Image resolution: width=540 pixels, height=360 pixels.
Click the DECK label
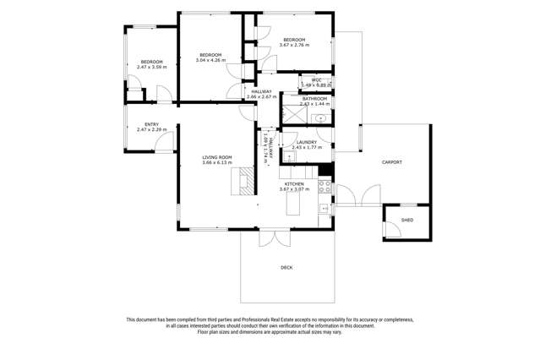(x=287, y=268)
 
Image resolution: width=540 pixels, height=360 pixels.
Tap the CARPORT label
(x=391, y=161)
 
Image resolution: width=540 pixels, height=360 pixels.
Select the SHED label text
(x=406, y=221)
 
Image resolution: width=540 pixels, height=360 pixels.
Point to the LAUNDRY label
(x=306, y=142)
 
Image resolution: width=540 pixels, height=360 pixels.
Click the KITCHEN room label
(x=293, y=183)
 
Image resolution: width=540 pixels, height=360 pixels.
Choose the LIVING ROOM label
(x=216, y=157)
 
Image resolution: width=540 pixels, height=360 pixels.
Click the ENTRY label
(x=151, y=124)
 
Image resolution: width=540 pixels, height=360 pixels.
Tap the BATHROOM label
(x=314, y=99)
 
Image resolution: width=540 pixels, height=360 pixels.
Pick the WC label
(x=316, y=80)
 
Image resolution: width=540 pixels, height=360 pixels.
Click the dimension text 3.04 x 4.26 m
(x=211, y=60)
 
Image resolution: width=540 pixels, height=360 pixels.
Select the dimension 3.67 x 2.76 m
(x=294, y=45)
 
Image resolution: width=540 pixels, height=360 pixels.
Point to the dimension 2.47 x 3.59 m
(x=151, y=67)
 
